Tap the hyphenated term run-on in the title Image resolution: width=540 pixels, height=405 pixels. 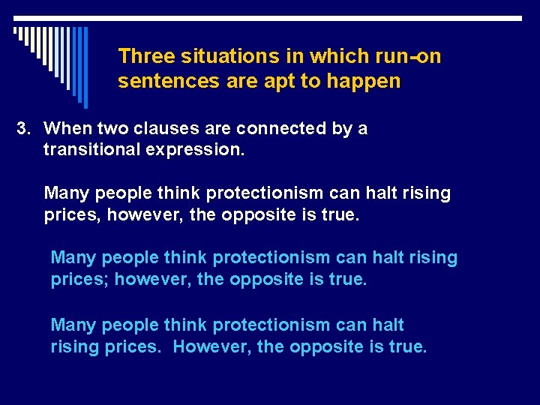[405, 56]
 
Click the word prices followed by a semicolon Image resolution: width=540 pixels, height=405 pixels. [76, 280]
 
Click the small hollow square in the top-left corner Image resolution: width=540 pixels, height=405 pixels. [16, 31]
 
